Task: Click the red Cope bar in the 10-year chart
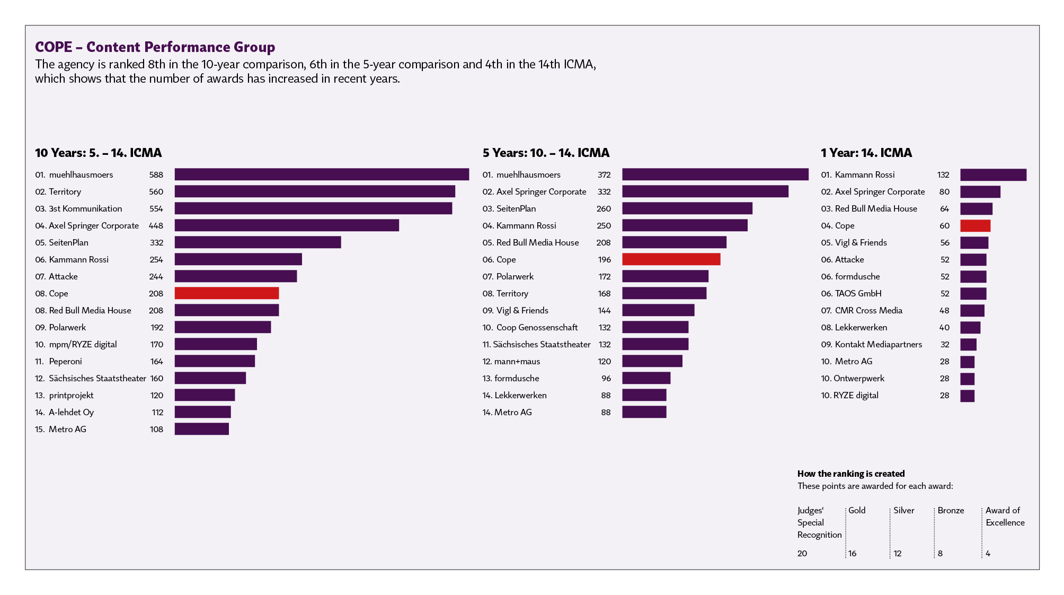[x=226, y=293]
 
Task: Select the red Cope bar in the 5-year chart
[x=671, y=259]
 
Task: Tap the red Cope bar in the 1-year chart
[x=975, y=226]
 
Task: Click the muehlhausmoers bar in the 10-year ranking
[x=322, y=174]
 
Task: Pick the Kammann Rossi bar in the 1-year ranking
[x=993, y=175]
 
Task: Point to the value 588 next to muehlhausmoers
[x=156, y=175]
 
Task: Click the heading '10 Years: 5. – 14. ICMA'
[x=99, y=153]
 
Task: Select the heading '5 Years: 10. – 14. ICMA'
[x=546, y=153]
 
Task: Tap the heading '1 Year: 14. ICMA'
[x=866, y=153]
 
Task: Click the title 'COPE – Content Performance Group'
[x=155, y=47]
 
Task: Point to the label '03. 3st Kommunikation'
[x=78, y=209]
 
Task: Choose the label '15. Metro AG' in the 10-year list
[x=60, y=430]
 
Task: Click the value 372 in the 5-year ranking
[x=604, y=175]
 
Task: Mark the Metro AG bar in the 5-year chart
[x=644, y=412]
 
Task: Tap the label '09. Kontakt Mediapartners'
[x=872, y=345]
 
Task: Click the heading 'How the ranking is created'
[x=851, y=474]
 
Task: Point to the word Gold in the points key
[x=857, y=510]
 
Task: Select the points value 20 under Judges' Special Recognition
[x=802, y=554]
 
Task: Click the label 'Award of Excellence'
[x=1005, y=517]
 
